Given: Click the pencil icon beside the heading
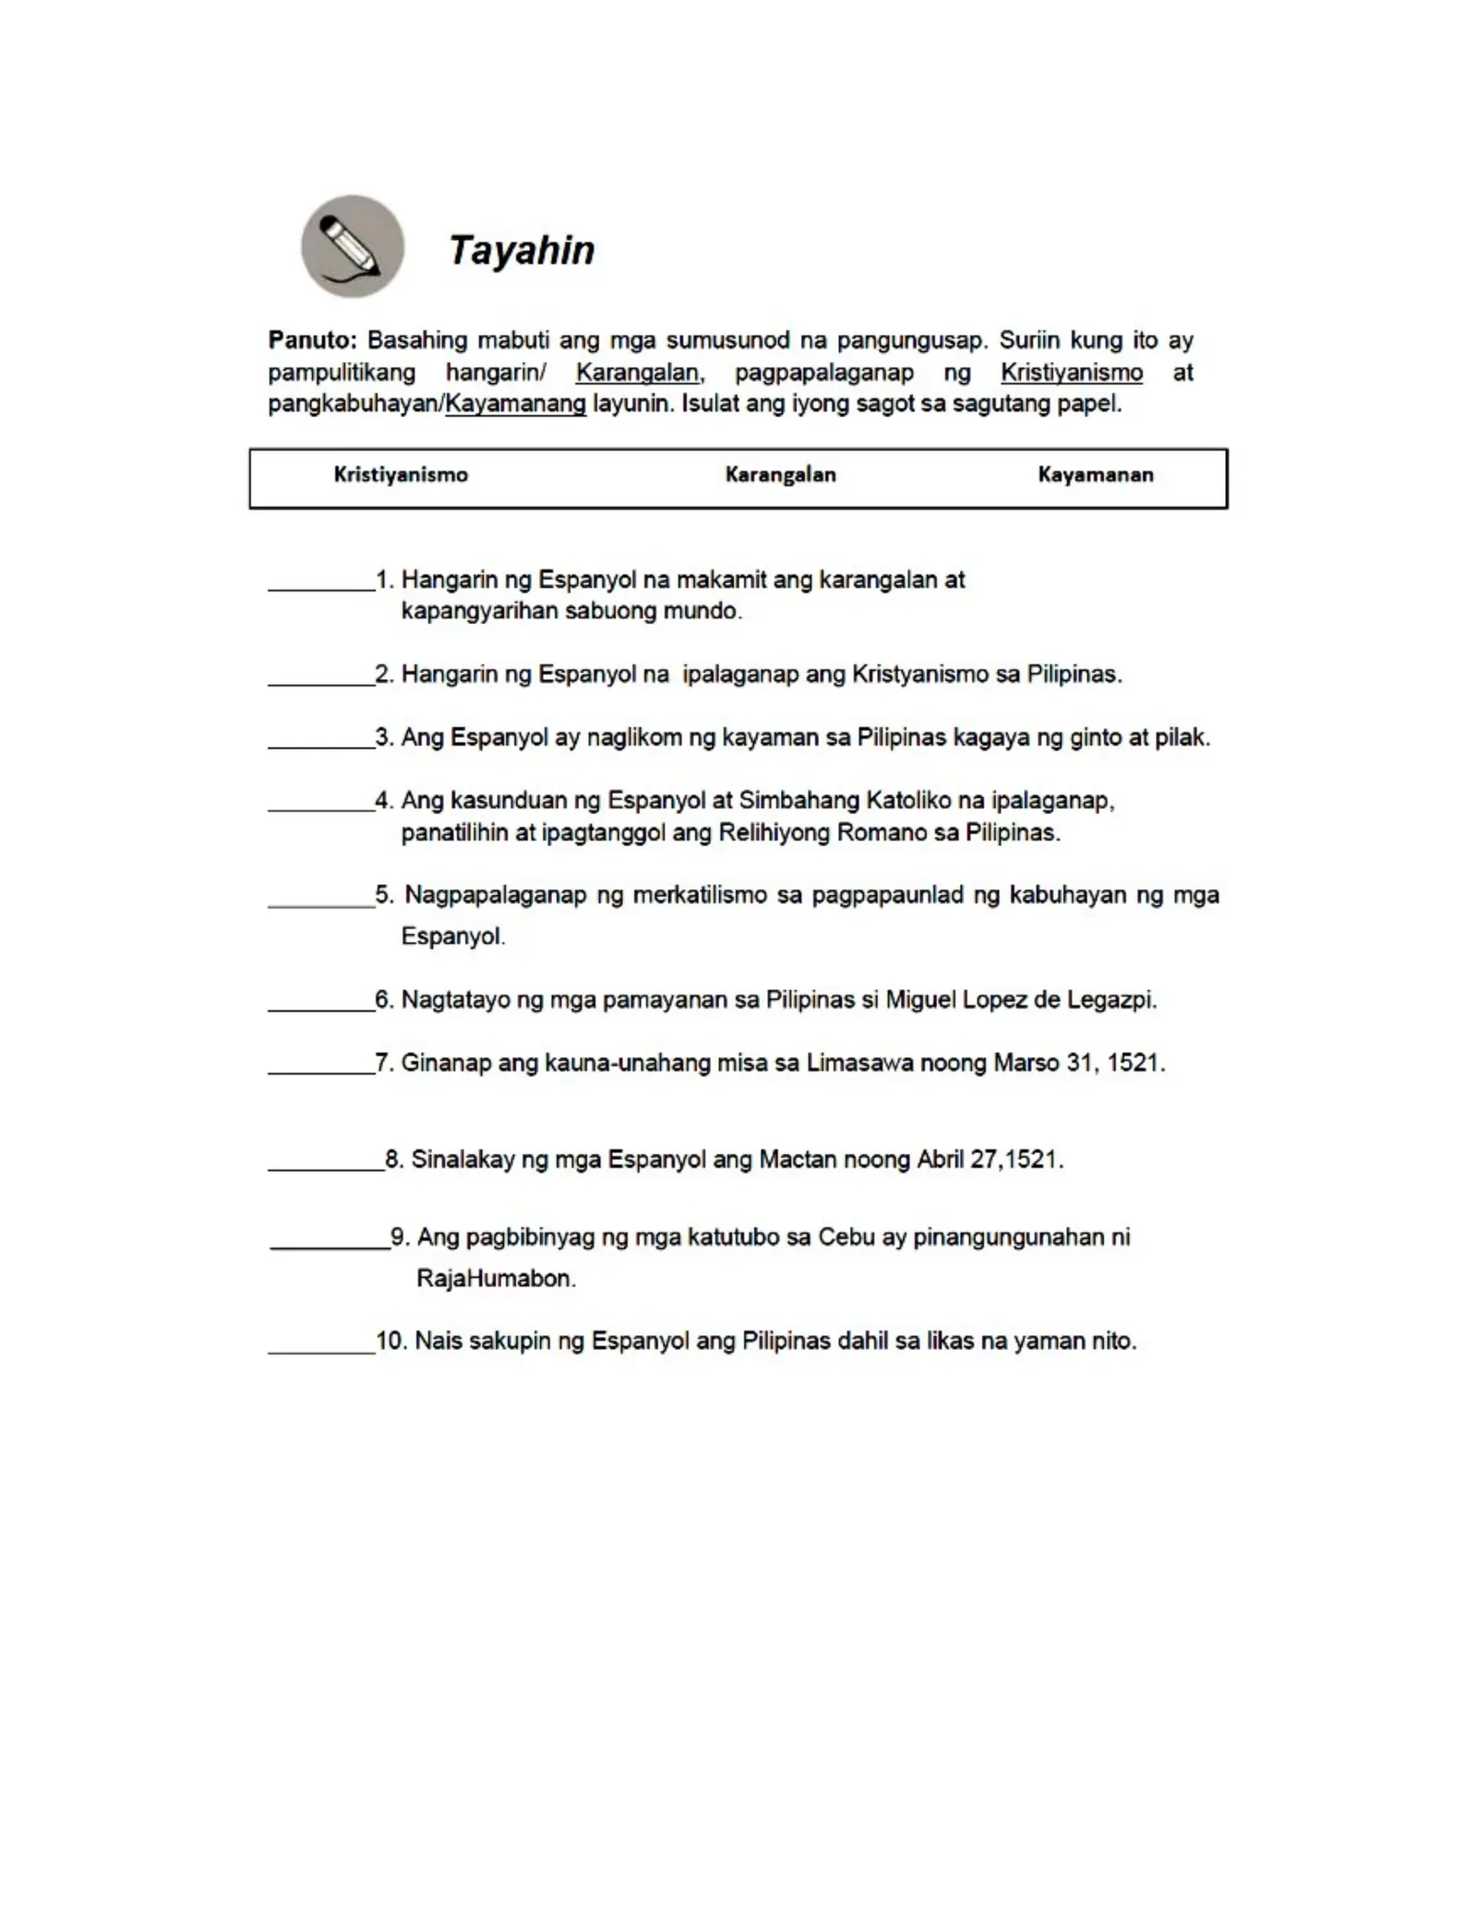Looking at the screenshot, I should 352,246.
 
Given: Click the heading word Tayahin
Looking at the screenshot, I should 522,250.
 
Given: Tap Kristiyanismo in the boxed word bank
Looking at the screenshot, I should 401,474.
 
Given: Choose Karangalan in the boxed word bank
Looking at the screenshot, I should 780,474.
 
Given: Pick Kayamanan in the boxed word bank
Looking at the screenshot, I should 1095,474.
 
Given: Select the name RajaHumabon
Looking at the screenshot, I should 496,1279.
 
